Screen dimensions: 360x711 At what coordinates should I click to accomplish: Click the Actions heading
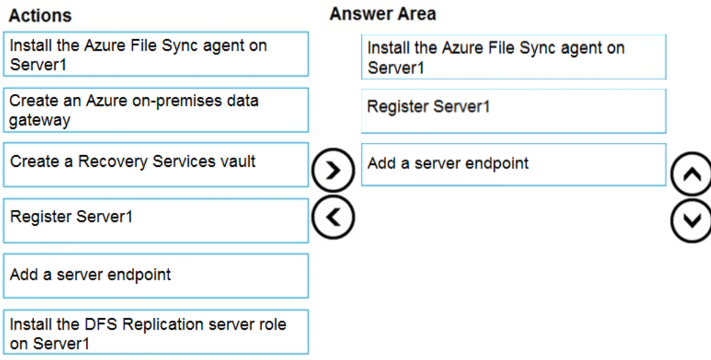coord(40,15)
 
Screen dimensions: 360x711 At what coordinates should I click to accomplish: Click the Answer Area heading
coord(382,13)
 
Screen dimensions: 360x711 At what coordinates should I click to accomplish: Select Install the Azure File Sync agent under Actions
coord(156,55)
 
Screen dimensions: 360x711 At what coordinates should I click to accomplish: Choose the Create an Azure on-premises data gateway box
coord(156,110)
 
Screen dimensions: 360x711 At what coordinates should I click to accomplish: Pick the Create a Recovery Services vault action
coord(156,164)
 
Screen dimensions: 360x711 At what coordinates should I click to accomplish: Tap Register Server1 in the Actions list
coord(156,220)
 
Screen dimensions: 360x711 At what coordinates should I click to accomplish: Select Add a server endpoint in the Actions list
coord(156,275)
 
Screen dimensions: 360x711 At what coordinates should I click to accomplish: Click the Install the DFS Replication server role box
coord(156,332)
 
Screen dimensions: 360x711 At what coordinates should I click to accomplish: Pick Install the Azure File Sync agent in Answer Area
coord(513,57)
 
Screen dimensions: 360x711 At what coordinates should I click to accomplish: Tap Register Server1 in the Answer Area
coord(513,111)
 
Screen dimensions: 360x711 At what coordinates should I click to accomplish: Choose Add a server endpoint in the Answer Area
coord(513,164)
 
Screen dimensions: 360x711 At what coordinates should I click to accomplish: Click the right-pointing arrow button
coord(333,170)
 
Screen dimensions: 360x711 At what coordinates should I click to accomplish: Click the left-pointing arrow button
coord(333,216)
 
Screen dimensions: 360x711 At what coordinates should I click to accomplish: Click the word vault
coord(239,162)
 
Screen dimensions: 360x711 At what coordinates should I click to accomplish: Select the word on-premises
coord(166,101)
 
